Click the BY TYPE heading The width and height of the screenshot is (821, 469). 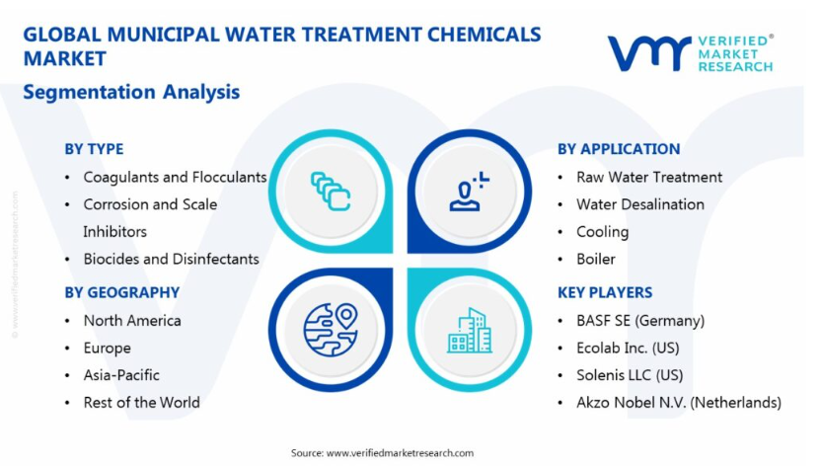coord(95,149)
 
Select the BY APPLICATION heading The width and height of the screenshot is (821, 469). coord(619,149)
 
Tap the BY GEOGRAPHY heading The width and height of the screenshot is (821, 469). coord(122,292)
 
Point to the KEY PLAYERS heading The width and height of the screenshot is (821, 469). coord(605,292)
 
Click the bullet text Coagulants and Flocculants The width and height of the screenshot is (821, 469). coord(175,178)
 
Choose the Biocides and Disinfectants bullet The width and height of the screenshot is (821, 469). coord(172,259)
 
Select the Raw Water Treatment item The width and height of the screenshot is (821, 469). coord(649,177)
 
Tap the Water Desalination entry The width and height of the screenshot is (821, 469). coord(640,204)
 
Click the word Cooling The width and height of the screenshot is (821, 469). coord(603,232)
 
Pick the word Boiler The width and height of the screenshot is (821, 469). coord(596,259)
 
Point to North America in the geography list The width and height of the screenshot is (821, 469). coord(132,321)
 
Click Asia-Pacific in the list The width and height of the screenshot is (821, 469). coord(121,375)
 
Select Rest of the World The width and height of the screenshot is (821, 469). coord(142,403)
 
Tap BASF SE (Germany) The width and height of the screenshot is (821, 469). coord(640,321)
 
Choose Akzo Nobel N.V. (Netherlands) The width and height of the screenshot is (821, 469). coord(679,403)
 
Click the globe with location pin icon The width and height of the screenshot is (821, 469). coord(331,330)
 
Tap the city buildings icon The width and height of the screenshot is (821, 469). coord(470,330)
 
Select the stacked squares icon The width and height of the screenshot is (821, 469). coord(331,192)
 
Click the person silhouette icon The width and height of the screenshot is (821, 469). coord(469,192)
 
